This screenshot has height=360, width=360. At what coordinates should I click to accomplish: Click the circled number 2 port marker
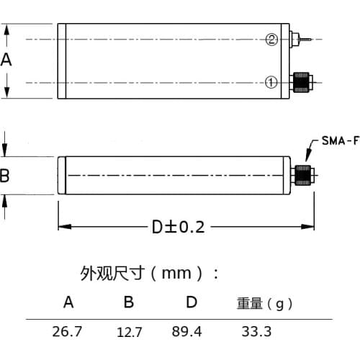tap(271, 40)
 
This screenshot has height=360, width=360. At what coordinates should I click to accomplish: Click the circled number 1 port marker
tap(271, 82)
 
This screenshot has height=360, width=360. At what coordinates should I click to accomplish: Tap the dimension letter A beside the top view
tap(6, 60)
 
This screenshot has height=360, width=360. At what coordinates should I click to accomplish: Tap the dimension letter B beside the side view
tap(5, 176)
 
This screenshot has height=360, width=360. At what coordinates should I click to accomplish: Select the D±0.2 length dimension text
tap(178, 227)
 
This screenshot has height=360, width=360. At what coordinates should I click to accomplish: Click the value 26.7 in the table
tap(68, 332)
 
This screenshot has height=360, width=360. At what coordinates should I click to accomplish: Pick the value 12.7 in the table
tap(129, 332)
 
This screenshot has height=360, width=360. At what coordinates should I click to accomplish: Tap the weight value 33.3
tap(257, 332)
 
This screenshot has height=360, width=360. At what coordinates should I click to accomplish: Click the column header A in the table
tap(68, 302)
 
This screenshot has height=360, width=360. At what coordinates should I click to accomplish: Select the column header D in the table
tap(191, 302)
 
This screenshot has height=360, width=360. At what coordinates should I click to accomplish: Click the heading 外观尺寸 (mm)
tap(149, 274)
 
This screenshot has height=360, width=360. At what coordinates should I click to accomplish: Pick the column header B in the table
tap(128, 302)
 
